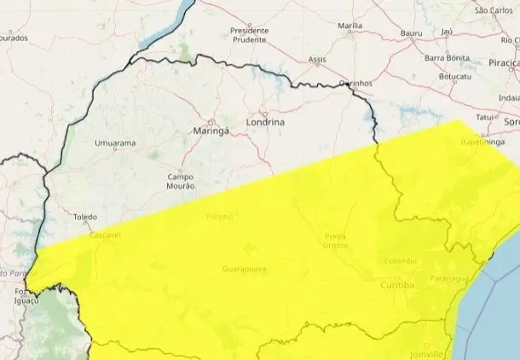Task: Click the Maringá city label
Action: (209, 131)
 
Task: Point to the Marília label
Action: (350, 26)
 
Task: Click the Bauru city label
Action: (412, 32)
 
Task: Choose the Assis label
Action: (317, 60)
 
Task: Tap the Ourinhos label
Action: (356, 83)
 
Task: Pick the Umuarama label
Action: (115, 143)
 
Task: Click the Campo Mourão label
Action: (181, 181)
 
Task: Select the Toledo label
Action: (85, 218)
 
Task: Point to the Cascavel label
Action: (106, 234)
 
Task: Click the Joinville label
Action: (426, 353)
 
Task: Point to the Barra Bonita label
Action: (447, 57)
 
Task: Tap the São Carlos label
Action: (492, 10)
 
